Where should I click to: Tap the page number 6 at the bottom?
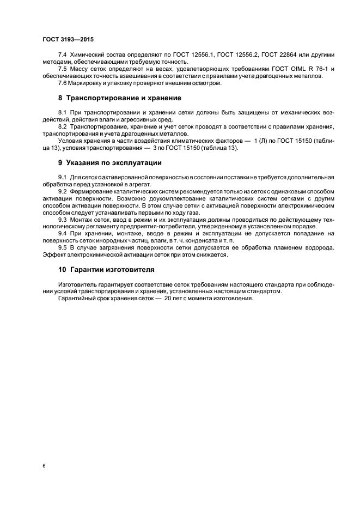click(44, 466)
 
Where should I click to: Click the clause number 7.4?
click(63, 56)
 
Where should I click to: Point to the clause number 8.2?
click(63, 126)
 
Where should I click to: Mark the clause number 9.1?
click(63, 178)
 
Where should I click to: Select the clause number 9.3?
click(63, 218)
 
